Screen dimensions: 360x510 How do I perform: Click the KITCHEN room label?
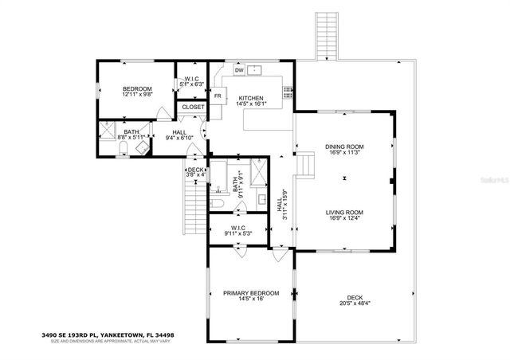coord(251,97)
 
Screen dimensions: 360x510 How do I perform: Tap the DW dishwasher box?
coord(238,70)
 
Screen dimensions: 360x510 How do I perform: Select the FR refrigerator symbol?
coord(217,96)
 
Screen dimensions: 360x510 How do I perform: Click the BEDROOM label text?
coord(137,88)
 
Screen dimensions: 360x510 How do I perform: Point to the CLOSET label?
coord(193,107)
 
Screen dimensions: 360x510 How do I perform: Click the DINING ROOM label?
coord(344,147)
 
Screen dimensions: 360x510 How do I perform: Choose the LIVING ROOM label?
coord(344,212)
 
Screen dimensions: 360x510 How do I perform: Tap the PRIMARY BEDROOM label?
coord(251,294)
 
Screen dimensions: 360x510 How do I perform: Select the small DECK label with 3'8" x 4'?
coord(196,170)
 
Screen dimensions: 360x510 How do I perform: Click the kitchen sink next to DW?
coord(255,69)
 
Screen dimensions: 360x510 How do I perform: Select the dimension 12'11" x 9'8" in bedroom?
coord(137,95)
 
